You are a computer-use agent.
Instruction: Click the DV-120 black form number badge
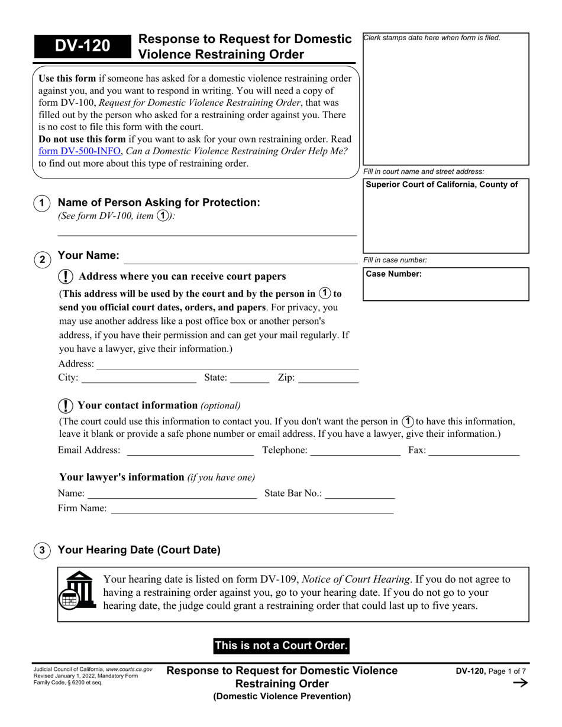(x=82, y=46)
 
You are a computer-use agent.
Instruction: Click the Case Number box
(x=445, y=284)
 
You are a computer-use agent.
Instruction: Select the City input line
(x=138, y=378)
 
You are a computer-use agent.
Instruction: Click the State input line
(x=249, y=378)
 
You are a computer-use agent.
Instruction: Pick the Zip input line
(x=328, y=378)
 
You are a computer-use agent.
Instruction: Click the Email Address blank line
(x=190, y=451)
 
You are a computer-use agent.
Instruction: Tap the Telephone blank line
(x=355, y=451)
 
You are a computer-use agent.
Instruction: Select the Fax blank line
(x=473, y=451)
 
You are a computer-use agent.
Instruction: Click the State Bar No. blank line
(x=360, y=494)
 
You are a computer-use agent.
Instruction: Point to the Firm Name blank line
(x=252, y=509)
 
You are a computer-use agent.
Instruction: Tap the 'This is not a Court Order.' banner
(x=281, y=645)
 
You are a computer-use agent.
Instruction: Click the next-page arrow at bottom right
(x=519, y=683)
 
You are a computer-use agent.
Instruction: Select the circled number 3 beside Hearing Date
(x=42, y=550)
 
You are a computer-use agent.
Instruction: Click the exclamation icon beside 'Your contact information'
(x=66, y=406)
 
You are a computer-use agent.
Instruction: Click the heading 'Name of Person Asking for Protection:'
(x=159, y=203)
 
